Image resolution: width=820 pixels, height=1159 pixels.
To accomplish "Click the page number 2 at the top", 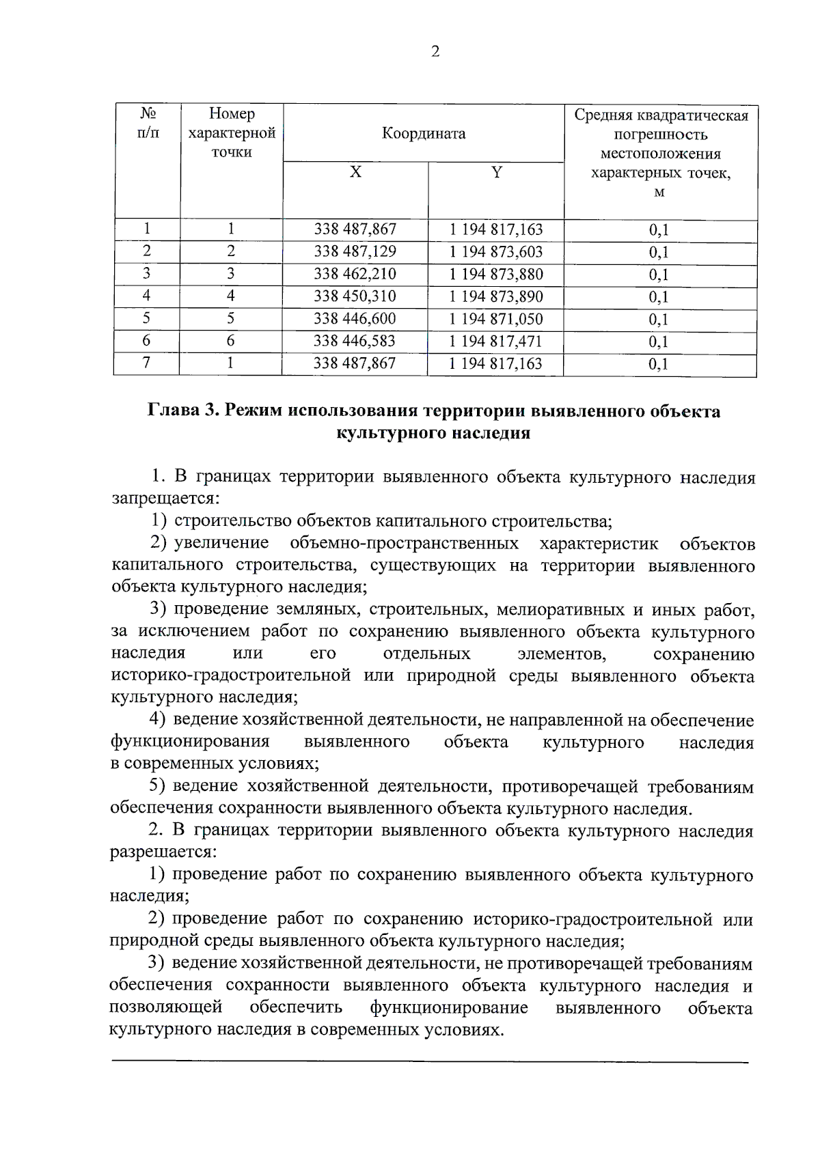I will click(x=435, y=52).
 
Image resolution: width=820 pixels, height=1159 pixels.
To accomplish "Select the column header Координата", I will click(x=424, y=133).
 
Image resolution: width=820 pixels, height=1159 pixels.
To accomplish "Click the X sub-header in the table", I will click(x=355, y=173).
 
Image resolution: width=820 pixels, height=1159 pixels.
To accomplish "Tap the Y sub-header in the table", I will click(x=497, y=173).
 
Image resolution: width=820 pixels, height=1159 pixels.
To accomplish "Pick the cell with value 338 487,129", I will click(x=355, y=251).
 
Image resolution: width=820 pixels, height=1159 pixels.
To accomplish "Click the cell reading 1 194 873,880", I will click(x=495, y=274).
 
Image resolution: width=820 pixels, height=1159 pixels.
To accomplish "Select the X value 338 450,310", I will click(x=355, y=296).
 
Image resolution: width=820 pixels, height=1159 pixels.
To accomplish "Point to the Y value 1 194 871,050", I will click(x=495, y=319).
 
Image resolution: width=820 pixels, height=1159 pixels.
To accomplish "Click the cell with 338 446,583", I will click(x=355, y=341).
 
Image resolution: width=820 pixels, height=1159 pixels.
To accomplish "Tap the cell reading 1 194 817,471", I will click(x=495, y=341).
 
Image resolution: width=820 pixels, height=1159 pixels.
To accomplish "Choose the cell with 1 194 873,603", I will click(x=495, y=251).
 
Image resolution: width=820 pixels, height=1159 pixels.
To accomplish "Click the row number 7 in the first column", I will click(x=146, y=363).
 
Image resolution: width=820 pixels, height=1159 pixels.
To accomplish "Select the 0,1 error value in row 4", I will click(x=659, y=297).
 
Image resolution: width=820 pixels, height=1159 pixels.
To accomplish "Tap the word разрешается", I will click(x=163, y=852).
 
